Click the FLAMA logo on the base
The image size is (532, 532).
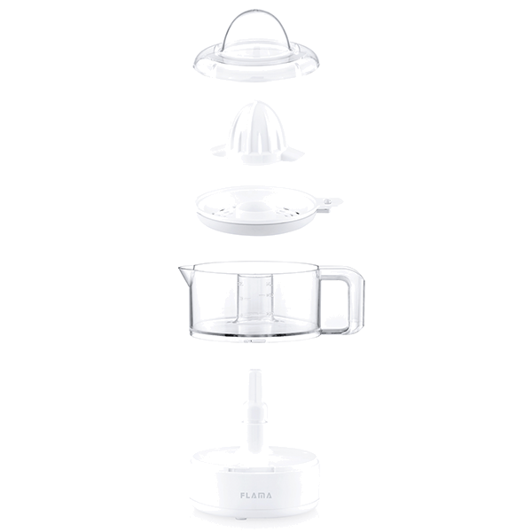[x=256, y=496]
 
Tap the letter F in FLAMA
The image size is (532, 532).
[x=243, y=496]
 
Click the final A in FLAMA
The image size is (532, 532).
[x=269, y=496]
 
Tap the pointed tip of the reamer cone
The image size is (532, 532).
[x=254, y=102]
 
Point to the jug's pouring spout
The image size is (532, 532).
[x=185, y=272]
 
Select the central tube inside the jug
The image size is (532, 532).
[x=255, y=299]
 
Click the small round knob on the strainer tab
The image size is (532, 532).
[x=327, y=202]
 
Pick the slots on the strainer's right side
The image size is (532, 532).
[x=288, y=212]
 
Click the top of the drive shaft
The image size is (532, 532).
[x=254, y=372]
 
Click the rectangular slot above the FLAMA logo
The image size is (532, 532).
[x=251, y=470]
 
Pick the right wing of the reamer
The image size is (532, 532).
[x=293, y=153]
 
